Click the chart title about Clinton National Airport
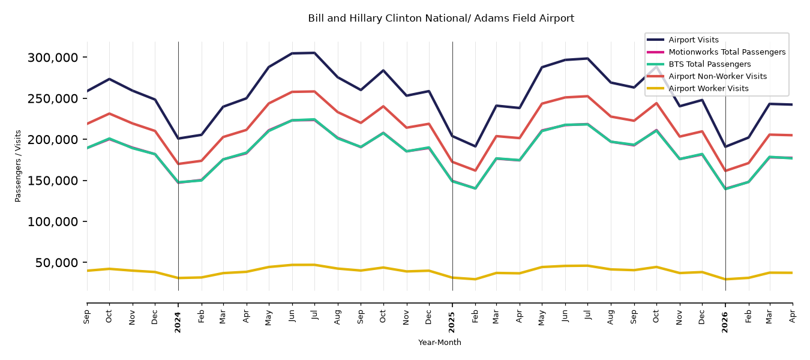coord(441,19)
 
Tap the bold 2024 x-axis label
coord(178,322)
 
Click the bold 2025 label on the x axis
coord(452,322)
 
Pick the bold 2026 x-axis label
coord(725,322)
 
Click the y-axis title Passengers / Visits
coord(18,166)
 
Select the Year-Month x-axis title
coord(440,342)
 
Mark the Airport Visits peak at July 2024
coord(314,53)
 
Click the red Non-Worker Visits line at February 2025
coord(475,170)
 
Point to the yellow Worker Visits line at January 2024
coord(178,278)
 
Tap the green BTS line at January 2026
coord(725,188)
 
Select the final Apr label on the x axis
coord(792,317)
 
